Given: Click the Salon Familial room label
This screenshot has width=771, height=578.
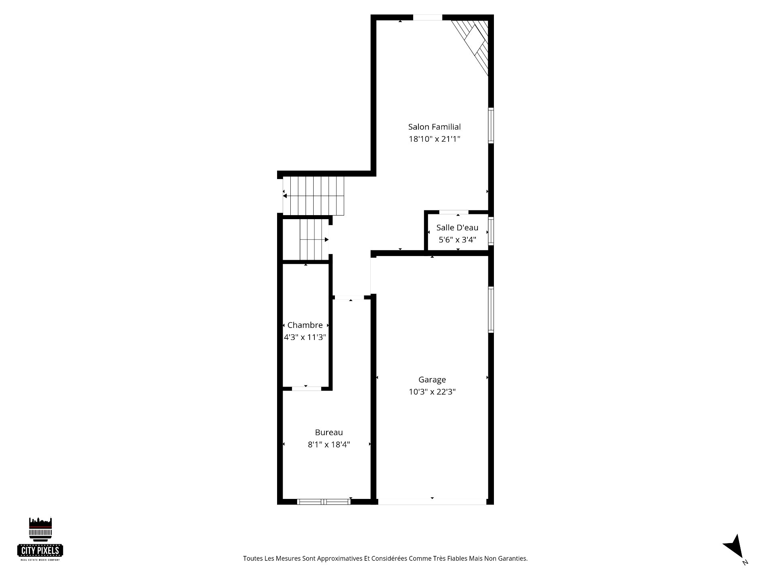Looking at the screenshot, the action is [x=434, y=127].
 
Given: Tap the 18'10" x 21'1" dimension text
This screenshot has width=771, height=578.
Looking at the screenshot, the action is [x=434, y=139].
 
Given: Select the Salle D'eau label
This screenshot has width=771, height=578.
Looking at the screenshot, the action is [x=457, y=228].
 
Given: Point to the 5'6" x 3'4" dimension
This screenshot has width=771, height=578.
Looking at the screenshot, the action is [x=457, y=240].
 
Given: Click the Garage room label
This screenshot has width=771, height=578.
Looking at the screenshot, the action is [x=432, y=380].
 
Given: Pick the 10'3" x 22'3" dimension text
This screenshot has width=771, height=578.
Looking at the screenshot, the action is [x=432, y=392].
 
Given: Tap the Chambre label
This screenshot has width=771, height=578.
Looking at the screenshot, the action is [x=305, y=325].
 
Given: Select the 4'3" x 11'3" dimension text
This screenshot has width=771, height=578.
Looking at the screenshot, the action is [x=305, y=338].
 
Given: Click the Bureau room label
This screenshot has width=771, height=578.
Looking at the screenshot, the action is [x=329, y=432].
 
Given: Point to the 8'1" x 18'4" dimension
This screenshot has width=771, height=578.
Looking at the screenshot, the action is [x=329, y=445].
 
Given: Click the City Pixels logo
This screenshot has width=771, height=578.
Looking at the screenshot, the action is [x=40, y=539].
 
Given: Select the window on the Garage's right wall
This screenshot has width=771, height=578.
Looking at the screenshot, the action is [x=491, y=309].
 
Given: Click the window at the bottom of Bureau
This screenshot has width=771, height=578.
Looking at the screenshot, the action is [x=324, y=502].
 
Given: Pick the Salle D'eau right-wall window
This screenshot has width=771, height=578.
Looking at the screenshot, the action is [x=491, y=231].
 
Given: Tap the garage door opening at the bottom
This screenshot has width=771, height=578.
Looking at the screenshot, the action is [x=432, y=502].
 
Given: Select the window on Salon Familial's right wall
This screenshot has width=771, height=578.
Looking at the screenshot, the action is [x=491, y=125].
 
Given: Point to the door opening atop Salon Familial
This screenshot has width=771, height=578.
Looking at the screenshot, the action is [x=428, y=17].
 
